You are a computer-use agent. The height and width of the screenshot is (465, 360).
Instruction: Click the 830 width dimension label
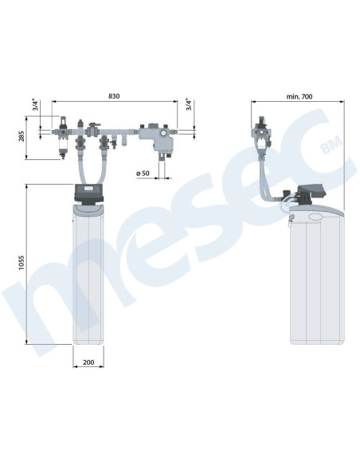(x=114, y=96)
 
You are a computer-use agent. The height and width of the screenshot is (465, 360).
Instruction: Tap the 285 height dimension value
(x=22, y=136)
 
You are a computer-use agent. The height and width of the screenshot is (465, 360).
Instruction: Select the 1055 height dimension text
(x=22, y=263)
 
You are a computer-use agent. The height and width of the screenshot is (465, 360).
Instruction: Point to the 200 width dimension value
(x=88, y=362)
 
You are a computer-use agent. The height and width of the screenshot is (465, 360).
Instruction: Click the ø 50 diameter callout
(x=143, y=174)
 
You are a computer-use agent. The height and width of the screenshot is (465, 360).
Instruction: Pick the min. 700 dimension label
(x=299, y=96)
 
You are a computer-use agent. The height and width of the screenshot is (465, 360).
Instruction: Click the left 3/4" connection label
(x=36, y=106)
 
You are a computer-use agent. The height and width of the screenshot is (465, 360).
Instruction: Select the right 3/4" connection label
(x=189, y=104)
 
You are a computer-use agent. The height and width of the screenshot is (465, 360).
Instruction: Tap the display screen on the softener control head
(x=88, y=188)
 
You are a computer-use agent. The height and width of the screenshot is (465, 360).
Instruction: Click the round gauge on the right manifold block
(x=163, y=132)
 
